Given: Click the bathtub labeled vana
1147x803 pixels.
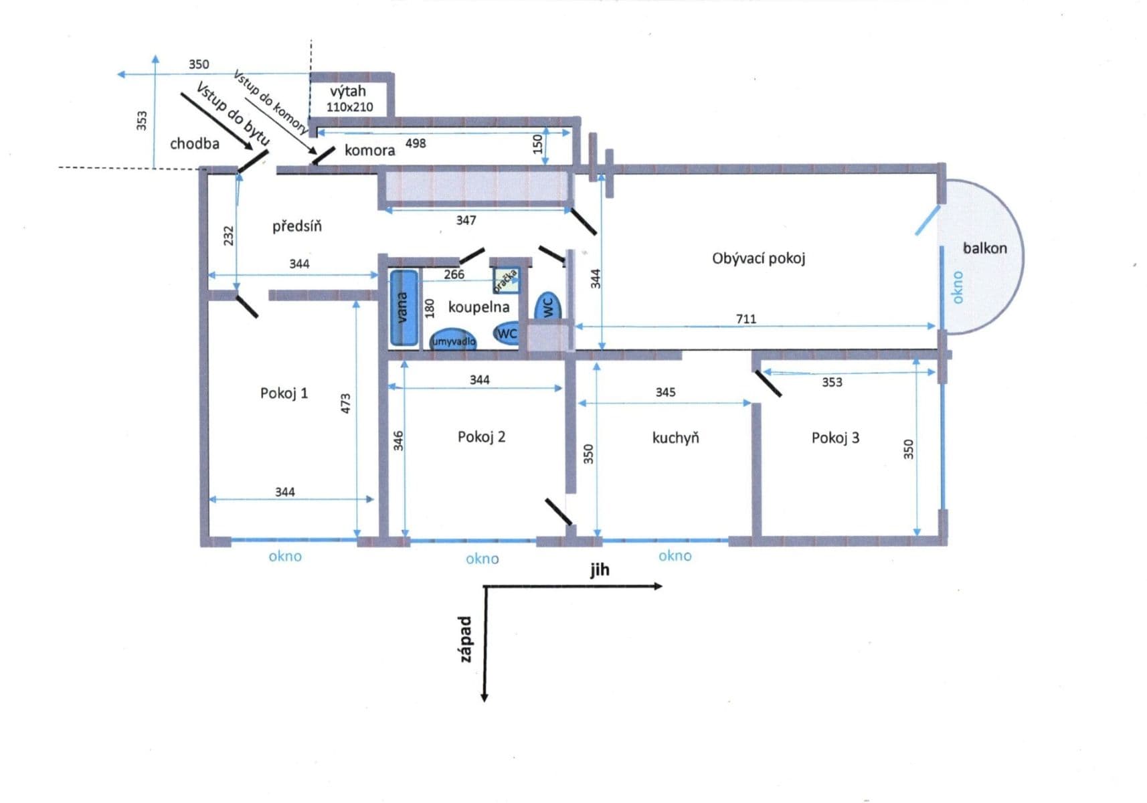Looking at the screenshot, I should (403, 308).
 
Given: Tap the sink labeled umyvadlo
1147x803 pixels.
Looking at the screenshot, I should (453, 339).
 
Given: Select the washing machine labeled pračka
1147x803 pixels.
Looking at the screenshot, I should (507, 280).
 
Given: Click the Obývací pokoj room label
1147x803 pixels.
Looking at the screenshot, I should (758, 258).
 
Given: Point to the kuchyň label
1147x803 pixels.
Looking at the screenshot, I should (675, 438).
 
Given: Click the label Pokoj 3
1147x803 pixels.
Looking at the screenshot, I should (834, 438).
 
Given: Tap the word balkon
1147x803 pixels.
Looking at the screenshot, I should (984, 248).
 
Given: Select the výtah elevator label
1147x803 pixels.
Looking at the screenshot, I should (348, 91).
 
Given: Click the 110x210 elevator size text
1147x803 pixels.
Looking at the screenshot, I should (349, 107).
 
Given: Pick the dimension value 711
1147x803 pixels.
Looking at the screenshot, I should (745, 319).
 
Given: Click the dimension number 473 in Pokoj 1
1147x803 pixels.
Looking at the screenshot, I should (346, 403).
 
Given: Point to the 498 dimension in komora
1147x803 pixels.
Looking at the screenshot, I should (415, 143).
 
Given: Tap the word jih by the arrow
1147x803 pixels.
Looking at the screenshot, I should (600, 569).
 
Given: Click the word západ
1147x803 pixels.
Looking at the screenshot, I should (466, 639).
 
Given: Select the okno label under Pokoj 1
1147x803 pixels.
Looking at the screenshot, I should (285, 556).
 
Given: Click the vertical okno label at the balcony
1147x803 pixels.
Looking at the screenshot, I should (958, 287).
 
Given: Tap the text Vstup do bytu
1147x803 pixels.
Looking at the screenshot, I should (233, 114).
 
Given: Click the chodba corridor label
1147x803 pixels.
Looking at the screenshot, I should (194, 144).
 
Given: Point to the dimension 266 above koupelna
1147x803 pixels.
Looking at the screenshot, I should (454, 274).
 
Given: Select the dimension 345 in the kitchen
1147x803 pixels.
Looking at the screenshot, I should (665, 392).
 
